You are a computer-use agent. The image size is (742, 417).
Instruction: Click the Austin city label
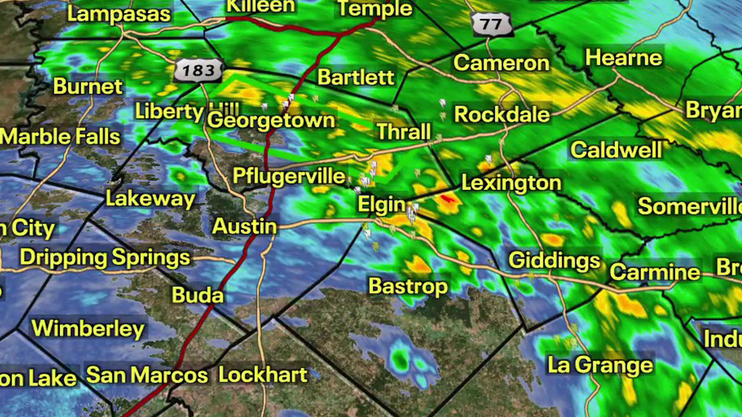point(244,226)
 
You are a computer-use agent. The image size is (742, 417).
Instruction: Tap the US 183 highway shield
point(198,71)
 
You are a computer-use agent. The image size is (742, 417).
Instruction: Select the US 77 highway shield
point(492,24)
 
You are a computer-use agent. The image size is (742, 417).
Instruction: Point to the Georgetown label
point(271,120)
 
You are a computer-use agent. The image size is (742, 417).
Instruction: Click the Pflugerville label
point(289,175)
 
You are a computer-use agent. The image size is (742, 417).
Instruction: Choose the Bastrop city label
point(408,286)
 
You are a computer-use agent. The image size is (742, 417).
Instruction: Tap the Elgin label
point(381,204)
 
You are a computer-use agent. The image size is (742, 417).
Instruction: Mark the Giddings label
point(554,260)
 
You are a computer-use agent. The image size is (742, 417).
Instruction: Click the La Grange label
point(600,365)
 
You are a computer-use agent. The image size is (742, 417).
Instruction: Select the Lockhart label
point(263,375)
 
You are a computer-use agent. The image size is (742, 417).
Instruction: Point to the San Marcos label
point(147,375)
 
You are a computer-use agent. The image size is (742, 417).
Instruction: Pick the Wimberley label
point(88,328)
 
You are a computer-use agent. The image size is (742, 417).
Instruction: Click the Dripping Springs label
point(105,257)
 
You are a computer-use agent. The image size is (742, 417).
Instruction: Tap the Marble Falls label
point(60,137)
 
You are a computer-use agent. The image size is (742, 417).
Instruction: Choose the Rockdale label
point(501,114)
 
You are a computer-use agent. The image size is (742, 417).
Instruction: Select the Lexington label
point(511,184)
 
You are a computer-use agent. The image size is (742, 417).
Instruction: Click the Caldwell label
point(616,150)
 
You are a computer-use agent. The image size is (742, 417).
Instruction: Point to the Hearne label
point(623,57)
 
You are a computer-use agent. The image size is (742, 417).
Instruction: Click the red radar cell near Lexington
point(447,199)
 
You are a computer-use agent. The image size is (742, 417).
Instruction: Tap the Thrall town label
point(403,131)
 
